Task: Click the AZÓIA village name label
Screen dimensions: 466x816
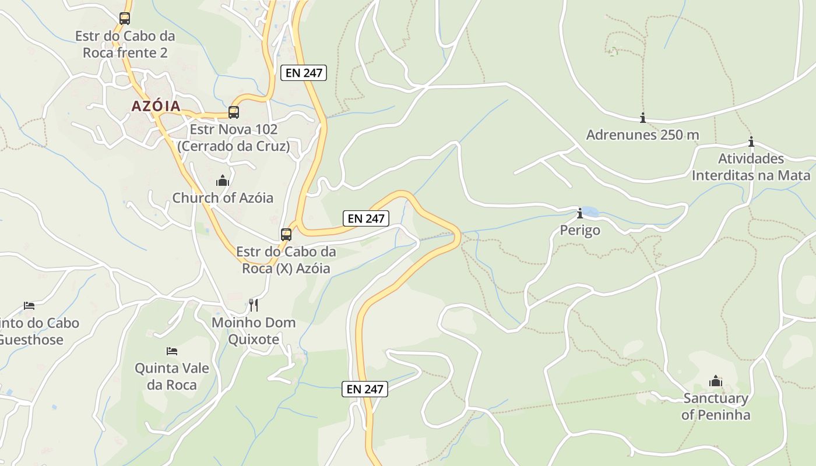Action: (156, 106)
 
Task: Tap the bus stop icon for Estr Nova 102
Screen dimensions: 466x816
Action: (233, 112)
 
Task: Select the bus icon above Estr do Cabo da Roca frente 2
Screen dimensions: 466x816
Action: (124, 18)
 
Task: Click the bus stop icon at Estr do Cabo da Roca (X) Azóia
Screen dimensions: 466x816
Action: (286, 235)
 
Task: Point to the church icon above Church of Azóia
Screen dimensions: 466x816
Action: (223, 181)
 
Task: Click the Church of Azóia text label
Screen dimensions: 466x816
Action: (223, 197)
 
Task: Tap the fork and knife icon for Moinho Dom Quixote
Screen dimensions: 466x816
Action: (253, 305)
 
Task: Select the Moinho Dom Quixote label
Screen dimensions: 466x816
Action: (253, 331)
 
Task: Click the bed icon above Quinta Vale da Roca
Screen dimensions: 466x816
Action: (171, 351)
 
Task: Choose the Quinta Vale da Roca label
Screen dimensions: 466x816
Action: (171, 376)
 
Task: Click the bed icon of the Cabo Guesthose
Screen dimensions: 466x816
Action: (29, 305)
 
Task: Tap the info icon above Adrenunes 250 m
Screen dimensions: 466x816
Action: (642, 118)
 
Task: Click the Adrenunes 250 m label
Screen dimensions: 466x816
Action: (642, 135)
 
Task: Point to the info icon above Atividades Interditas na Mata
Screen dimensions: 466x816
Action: (751, 142)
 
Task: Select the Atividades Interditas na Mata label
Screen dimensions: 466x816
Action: (751, 167)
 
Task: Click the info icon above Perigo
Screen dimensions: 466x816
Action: (579, 213)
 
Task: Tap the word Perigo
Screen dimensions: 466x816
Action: (579, 230)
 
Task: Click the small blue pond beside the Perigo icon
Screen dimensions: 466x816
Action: (590, 211)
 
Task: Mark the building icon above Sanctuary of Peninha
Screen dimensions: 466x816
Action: (715, 382)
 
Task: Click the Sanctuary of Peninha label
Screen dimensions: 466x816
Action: (715, 407)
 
